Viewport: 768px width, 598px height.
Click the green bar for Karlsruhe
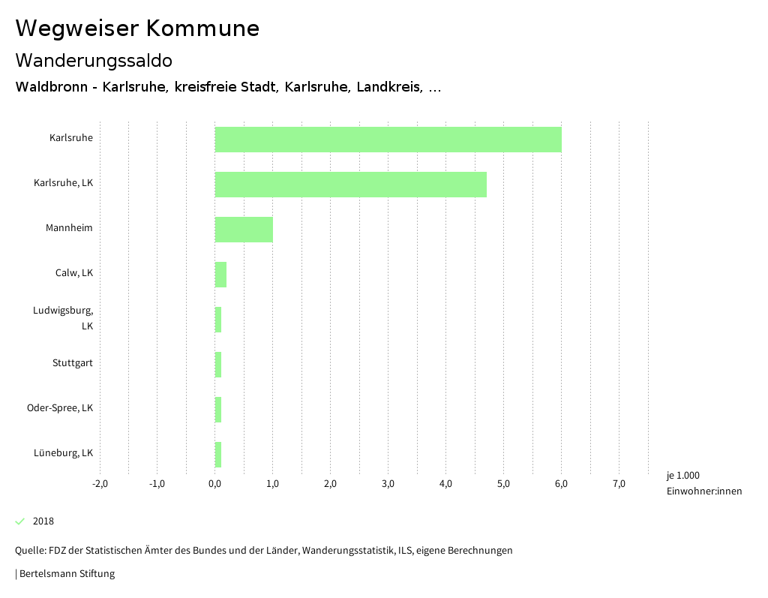click(388, 140)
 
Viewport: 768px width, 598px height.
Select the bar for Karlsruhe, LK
click(350, 185)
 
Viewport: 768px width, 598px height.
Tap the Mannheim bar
click(244, 230)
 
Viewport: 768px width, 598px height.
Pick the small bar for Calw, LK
click(220, 275)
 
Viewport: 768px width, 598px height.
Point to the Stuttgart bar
click(218, 365)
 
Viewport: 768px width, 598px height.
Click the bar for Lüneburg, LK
click(218, 455)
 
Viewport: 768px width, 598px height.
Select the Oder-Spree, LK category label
click(60, 408)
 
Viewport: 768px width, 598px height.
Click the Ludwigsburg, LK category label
click(63, 318)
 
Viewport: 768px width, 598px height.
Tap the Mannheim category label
click(69, 228)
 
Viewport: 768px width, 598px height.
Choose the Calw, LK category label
click(74, 273)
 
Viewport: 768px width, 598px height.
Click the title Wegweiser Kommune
click(137, 29)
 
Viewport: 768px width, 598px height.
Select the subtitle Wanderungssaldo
click(94, 60)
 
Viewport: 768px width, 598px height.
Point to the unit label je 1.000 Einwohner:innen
click(703, 483)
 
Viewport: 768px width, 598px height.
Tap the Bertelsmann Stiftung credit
click(66, 574)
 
